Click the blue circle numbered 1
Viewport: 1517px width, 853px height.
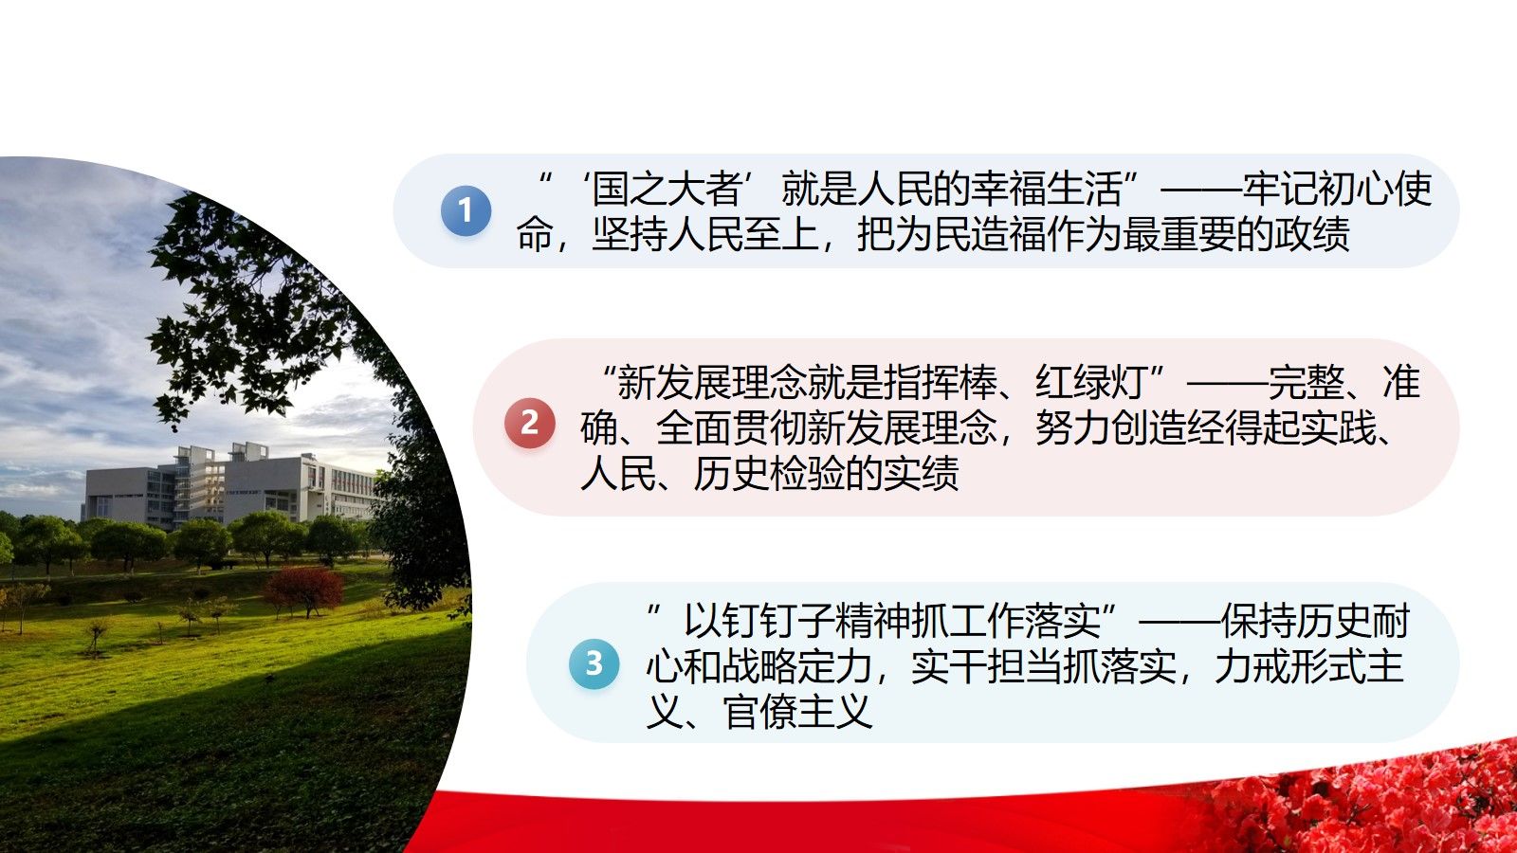pyautogui.click(x=466, y=210)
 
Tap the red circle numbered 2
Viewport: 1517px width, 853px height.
pyautogui.click(x=530, y=423)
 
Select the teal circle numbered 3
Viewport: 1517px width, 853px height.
pyautogui.click(x=594, y=663)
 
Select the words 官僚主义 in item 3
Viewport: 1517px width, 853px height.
pyautogui.click(x=797, y=712)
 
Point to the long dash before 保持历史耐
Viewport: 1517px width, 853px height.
pyautogui.click(x=1179, y=622)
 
